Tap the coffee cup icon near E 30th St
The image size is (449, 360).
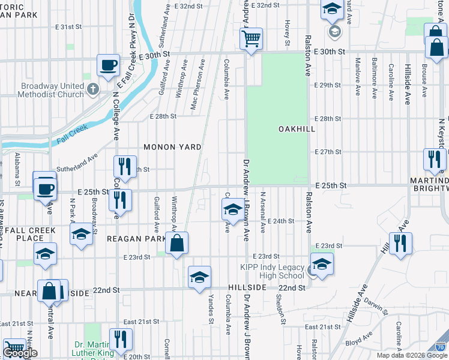tap(108, 65)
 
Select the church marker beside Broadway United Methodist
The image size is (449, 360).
tap(92, 90)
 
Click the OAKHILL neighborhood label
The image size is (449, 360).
tap(297, 129)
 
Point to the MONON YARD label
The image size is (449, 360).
tap(172, 147)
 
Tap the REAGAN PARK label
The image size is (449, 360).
tap(136, 239)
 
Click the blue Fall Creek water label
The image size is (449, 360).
tap(73, 133)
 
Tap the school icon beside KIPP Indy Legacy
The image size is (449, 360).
tap(322, 265)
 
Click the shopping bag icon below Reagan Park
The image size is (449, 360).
tap(176, 244)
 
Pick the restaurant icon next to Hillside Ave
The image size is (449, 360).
tap(400, 244)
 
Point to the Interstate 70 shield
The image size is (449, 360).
tap(441, 346)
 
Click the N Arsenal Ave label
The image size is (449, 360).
tap(263, 213)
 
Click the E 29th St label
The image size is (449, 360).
tap(330, 85)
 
